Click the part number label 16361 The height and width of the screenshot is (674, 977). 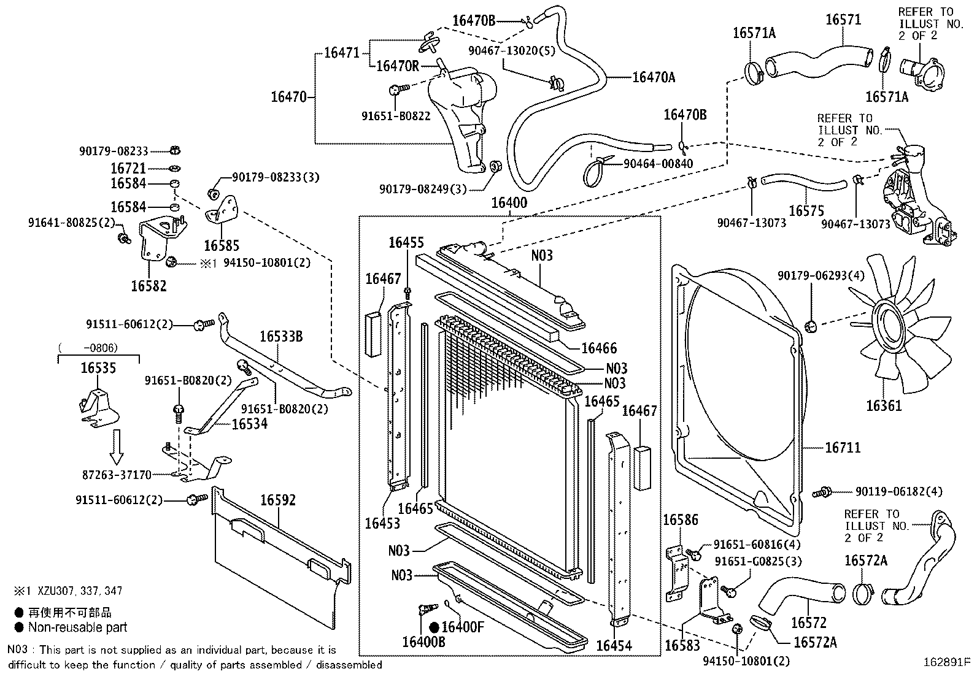[884, 405]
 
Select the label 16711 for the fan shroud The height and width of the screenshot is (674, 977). [843, 448]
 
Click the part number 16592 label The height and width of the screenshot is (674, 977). [278, 500]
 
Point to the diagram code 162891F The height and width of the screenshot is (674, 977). [948, 662]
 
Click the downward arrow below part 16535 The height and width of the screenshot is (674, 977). [117, 447]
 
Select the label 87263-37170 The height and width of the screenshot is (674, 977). [117, 475]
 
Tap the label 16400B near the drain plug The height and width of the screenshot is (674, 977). [423, 642]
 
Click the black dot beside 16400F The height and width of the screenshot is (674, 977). [434, 627]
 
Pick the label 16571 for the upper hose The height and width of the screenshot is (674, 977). [843, 19]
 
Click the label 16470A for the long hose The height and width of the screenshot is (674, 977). [653, 77]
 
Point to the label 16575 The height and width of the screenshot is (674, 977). [806, 210]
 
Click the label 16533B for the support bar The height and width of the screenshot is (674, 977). [280, 336]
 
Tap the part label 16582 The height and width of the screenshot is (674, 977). [149, 285]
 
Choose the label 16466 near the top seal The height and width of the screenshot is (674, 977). [599, 348]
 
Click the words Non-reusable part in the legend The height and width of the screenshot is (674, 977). [77, 627]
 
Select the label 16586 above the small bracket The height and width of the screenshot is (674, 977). [681, 520]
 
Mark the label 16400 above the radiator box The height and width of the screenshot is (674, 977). [509, 203]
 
